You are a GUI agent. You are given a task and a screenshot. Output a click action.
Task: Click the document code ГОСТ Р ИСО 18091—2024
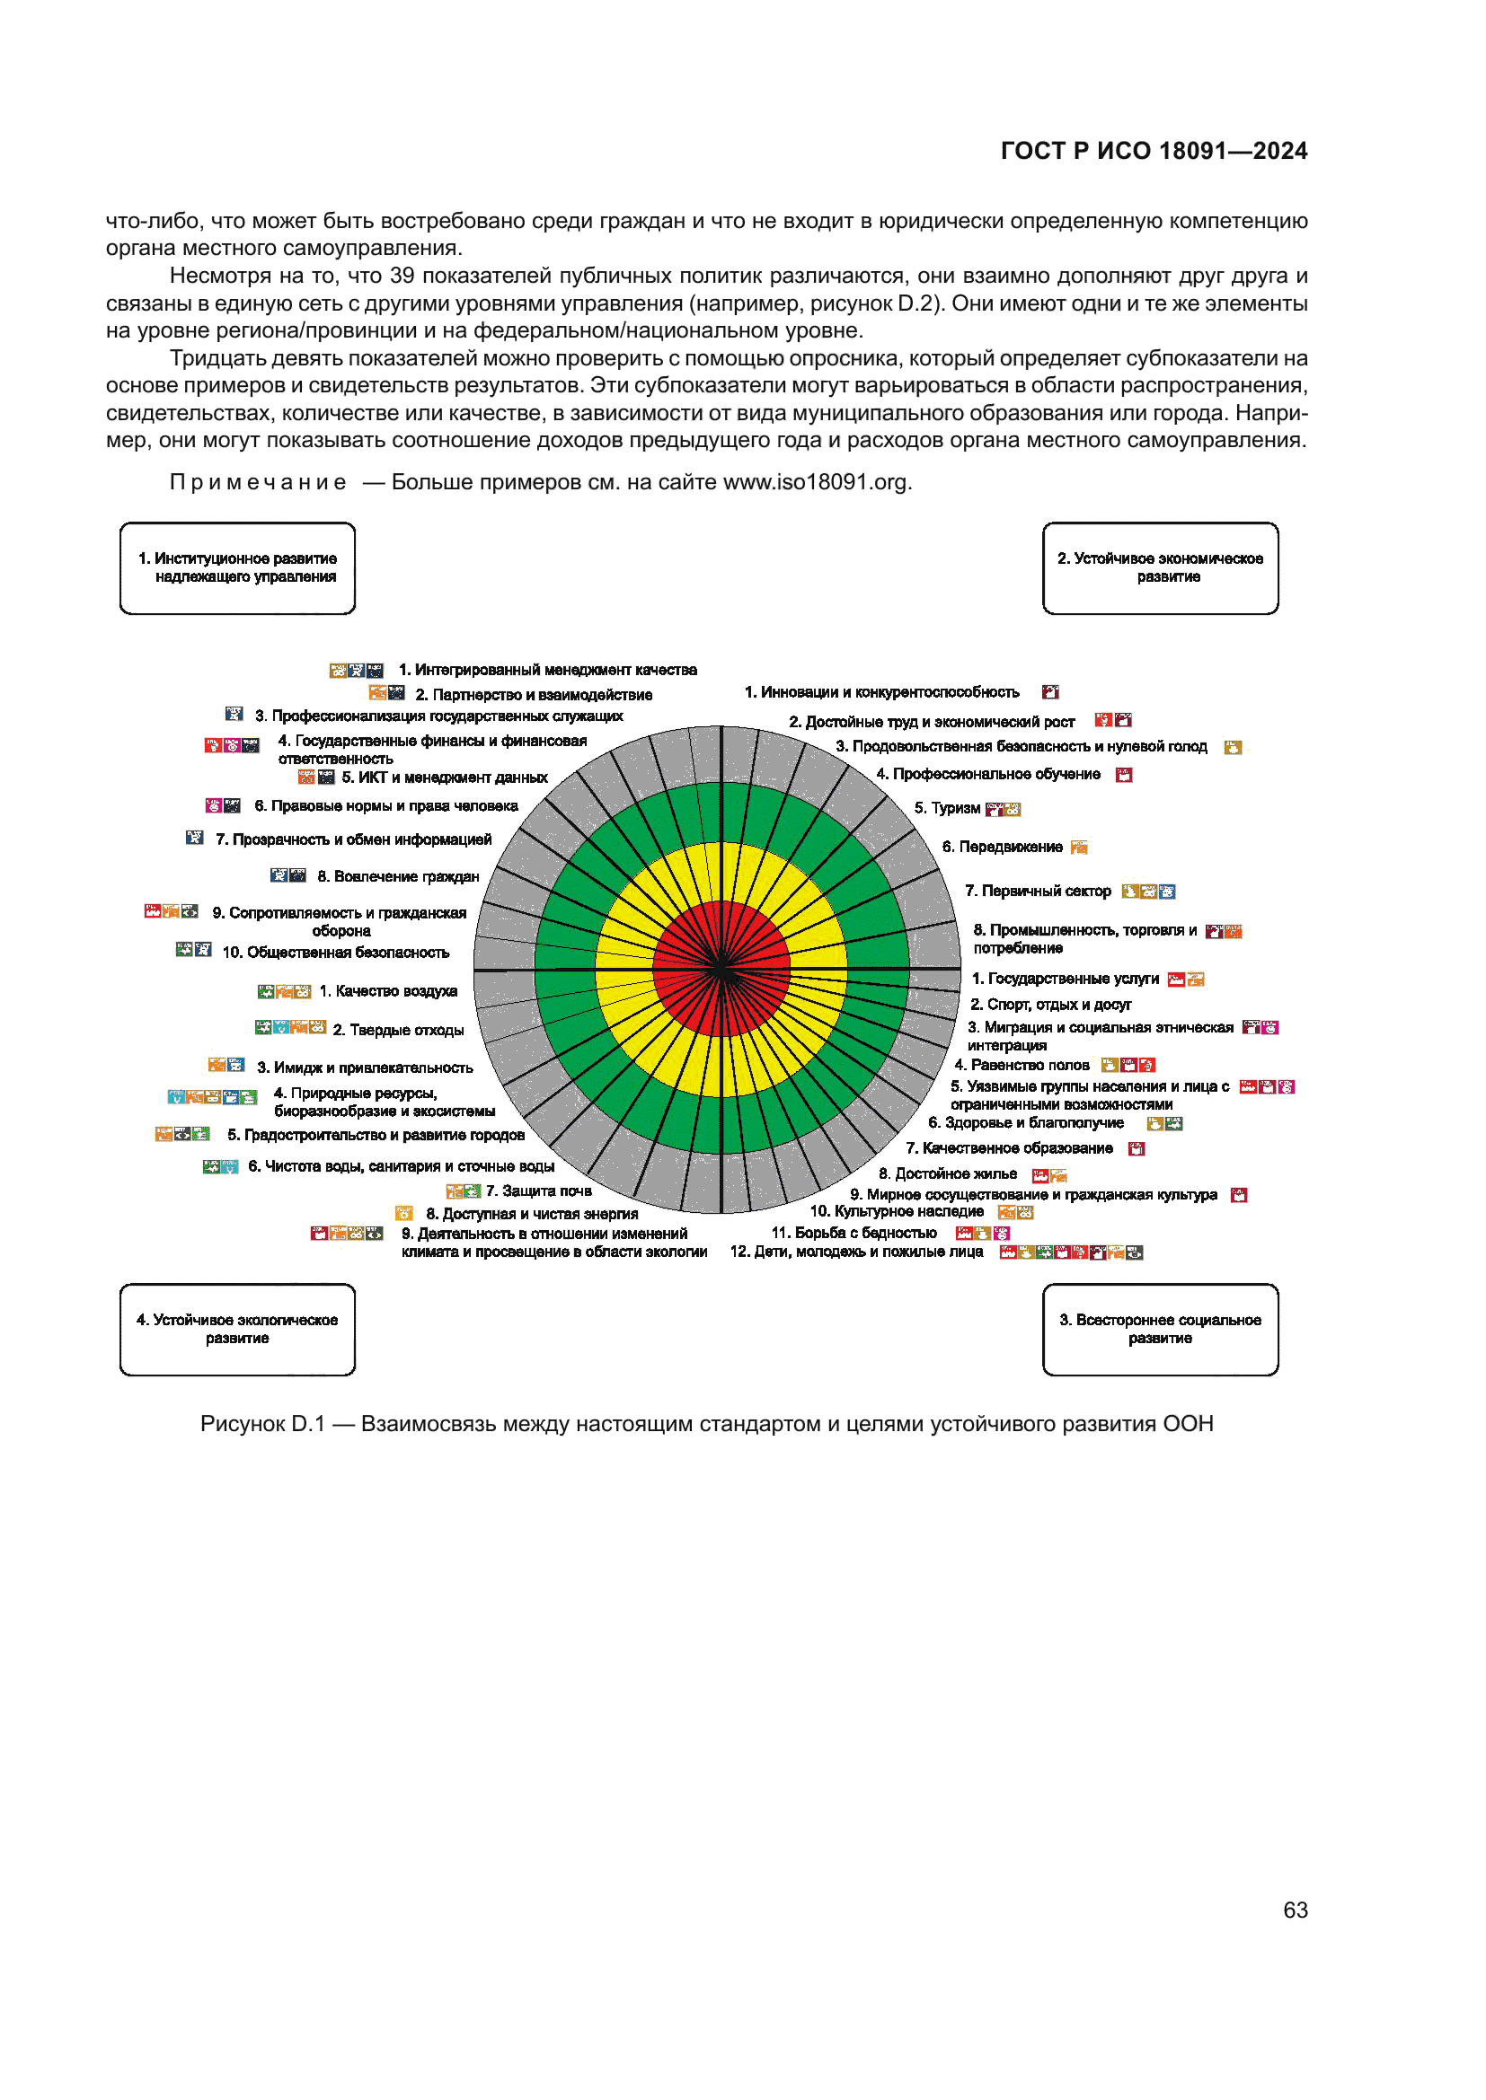[1153, 151]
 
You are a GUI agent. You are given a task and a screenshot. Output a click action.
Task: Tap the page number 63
[1295, 1910]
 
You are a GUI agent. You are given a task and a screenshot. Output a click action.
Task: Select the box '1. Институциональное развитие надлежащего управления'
[237, 568]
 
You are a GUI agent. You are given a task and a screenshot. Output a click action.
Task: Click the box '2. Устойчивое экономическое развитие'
[1159, 568]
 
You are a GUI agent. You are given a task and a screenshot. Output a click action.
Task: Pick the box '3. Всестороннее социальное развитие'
[1159, 1329]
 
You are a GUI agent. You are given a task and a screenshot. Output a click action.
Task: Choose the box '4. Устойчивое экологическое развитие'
[237, 1329]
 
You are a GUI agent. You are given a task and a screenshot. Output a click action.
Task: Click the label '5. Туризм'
[946, 809]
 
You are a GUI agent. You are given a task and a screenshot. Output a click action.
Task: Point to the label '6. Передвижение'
[1002, 847]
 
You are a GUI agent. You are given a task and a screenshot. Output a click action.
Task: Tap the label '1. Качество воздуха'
[388, 991]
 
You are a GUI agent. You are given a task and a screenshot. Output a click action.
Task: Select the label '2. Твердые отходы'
[398, 1030]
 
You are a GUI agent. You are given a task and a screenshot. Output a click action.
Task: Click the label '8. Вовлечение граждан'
[398, 876]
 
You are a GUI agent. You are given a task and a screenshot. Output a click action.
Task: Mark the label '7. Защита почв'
[538, 1191]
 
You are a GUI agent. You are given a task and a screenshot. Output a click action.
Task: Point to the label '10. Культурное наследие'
[897, 1212]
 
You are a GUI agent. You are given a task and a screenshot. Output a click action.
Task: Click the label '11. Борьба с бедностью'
[854, 1233]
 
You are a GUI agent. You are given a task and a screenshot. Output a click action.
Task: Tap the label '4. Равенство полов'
[1022, 1065]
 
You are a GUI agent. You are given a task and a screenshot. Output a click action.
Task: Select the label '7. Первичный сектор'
[1038, 891]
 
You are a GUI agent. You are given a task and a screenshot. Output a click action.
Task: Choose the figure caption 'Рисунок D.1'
[262, 1424]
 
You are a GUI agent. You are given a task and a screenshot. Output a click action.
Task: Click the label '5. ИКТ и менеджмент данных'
[445, 778]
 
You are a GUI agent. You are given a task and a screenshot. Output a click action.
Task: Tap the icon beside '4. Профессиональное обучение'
[1124, 775]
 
